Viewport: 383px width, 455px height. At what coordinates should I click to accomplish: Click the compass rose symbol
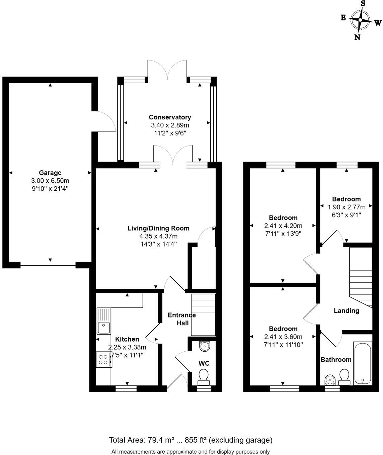point(360,20)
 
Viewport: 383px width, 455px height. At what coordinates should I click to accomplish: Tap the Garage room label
point(50,173)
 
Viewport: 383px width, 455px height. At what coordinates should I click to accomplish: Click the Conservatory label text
point(170,117)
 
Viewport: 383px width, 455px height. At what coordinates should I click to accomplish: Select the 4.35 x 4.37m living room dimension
point(158,236)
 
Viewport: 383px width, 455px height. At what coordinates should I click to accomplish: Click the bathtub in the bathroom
point(363,363)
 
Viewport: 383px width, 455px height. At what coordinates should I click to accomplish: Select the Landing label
point(346,310)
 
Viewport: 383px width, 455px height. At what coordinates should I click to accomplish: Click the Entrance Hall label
point(181,319)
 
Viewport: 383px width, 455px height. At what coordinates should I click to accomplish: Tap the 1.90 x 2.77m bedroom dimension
point(347,207)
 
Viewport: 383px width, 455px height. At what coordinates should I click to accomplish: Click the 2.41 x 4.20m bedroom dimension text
point(283,226)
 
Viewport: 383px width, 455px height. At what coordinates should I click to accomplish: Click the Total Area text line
point(190,440)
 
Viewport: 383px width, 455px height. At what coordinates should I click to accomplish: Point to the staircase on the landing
point(361,277)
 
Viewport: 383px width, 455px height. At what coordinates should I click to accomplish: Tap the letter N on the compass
point(357,37)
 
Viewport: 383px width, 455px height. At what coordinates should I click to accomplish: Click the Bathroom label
point(336,359)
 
